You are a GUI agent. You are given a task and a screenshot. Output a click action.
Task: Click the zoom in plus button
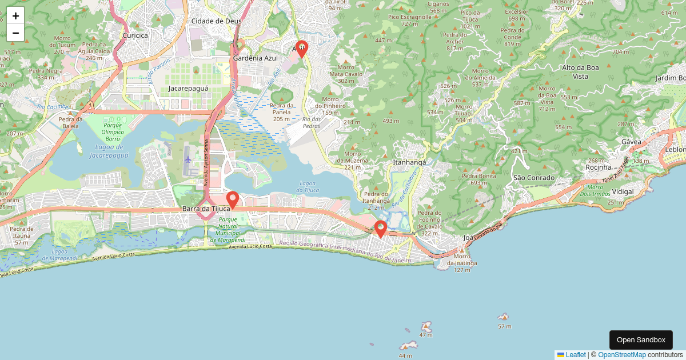(x=15, y=15)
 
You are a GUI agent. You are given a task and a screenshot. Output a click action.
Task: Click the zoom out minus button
(x=15, y=33)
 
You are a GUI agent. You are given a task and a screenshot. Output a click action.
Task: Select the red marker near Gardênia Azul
(x=301, y=50)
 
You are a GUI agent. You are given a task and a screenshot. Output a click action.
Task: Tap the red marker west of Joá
(x=381, y=229)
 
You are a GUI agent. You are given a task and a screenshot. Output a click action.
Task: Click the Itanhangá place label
(x=409, y=162)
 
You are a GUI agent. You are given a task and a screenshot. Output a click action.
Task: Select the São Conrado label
(x=533, y=178)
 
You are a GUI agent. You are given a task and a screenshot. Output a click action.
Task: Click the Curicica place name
(x=135, y=35)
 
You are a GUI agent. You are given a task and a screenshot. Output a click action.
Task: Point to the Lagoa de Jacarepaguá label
(x=109, y=151)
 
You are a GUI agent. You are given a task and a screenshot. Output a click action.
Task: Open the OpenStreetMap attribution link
(x=621, y=355)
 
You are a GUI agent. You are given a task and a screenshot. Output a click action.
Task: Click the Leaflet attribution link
(x=575, y=355)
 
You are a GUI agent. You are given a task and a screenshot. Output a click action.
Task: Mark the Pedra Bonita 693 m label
(x=479, y=179)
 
